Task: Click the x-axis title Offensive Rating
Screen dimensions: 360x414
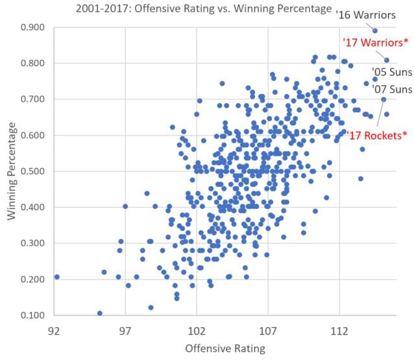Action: [225, 348]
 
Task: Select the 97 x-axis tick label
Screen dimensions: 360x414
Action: [125, 330]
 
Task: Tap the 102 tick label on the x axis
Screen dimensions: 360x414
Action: [197, 330]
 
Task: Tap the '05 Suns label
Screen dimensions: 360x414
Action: [391, 71]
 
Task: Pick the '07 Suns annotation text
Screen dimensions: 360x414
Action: [391, 89]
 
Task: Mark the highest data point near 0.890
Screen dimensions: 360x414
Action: [375, 30]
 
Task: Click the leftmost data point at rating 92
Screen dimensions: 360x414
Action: [56, 277]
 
